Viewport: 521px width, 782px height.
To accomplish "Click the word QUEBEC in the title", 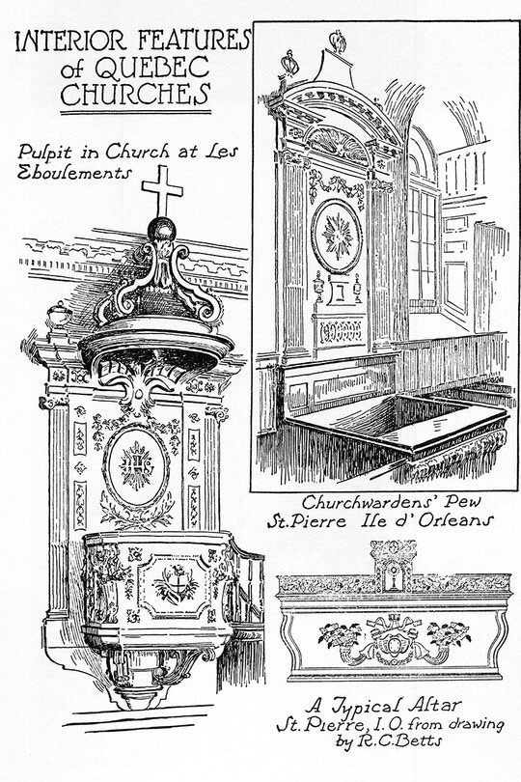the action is [152, 68].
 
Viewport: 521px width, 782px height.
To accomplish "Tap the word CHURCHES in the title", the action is [135, 94].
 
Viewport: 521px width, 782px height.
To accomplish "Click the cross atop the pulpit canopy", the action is [162, 190].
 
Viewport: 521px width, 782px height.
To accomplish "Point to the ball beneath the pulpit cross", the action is [161, 230].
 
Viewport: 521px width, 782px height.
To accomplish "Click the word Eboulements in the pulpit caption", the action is [75, 173].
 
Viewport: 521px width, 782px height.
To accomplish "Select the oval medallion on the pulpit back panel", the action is [136, 466].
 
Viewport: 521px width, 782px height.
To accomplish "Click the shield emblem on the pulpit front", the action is [176, 583].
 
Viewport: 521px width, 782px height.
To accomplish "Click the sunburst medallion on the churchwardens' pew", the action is [337, 236].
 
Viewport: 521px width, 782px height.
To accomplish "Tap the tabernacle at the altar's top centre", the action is [394, 567].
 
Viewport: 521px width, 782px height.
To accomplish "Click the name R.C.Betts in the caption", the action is [398, 741].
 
